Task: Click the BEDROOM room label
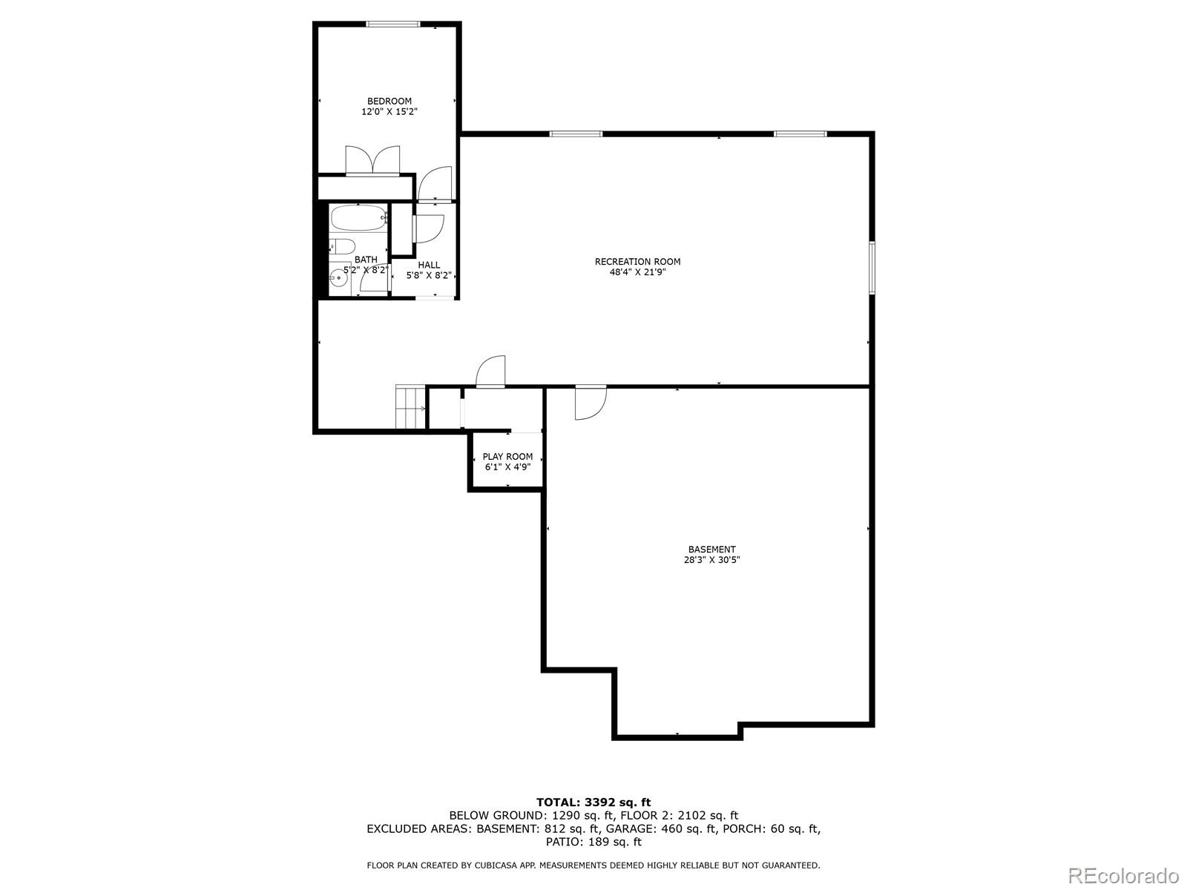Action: click(x=389, y=101)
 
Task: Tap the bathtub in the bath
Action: click(x=359, y=218)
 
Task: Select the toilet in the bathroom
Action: click(x=342, y=246)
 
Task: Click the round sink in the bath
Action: click(x=338, y=279)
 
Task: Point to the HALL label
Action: click(x=429, y=265)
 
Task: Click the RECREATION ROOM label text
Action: click(x=637, y=262)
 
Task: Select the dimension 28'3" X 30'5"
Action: click(x=711, y=560)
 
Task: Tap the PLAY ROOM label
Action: click(x=507, y=457)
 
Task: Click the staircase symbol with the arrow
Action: click(x=410, y=407)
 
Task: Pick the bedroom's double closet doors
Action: click(x=372, y=160)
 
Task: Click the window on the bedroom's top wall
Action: click(x=393, y=24)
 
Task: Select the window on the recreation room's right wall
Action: click(x=872, y=268)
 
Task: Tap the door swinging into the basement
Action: click(x=591, y=403)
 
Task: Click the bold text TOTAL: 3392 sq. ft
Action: click(x=593, y=802)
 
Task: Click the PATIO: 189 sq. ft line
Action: click(x=593, y=841)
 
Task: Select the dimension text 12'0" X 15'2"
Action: click(x=389, y=112)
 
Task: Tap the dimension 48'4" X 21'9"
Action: click(x=637, y=272)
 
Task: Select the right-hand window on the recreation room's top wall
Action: click(x=800, y=133)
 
